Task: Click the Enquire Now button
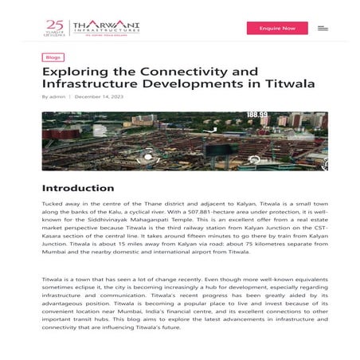(277, 28)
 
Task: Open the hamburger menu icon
(323, 28)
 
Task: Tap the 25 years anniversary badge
(55, 28)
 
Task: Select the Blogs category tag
(53, 57)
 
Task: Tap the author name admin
(57, 97)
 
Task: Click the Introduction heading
(77, 188)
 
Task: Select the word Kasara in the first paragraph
(51, 240)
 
